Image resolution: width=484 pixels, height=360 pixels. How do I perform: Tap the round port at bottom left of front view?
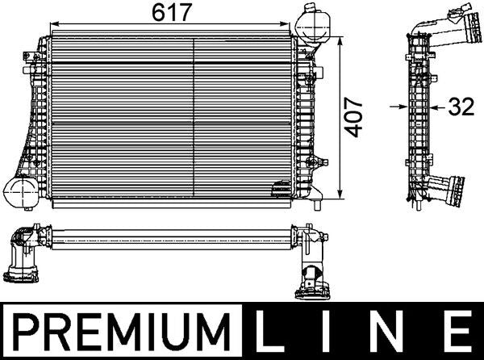coord(19,193)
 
